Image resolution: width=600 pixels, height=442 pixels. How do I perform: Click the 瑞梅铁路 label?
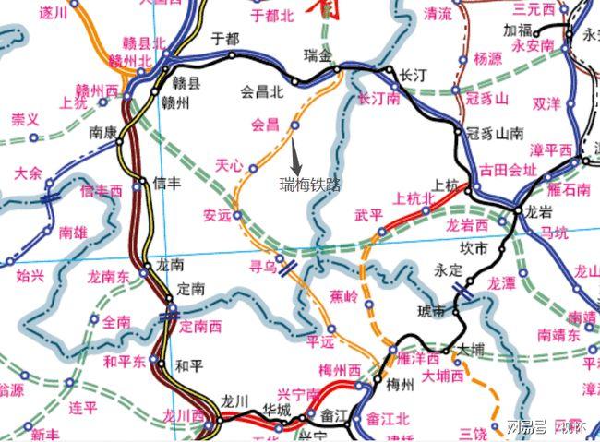tap(310, 185)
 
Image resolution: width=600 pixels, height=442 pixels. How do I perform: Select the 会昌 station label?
tap(264, 123)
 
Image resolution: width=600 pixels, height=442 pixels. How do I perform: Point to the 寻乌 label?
tap(264, 267)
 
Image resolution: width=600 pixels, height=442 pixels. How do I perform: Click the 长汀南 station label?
tap(378, 97)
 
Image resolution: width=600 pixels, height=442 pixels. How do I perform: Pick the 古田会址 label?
tap(508, 171)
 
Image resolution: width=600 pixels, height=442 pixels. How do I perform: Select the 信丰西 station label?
tap(102, 190)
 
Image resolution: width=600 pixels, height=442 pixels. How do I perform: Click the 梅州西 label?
tap(342, 370)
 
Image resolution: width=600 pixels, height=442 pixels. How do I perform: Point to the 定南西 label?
tap(200, 326)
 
